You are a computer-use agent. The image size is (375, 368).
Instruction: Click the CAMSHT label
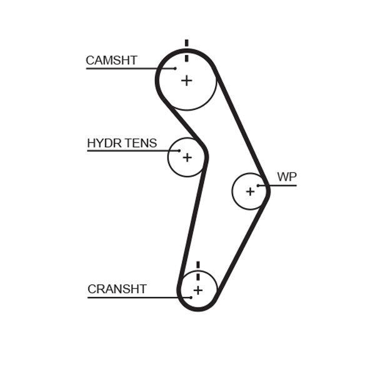click(x=111, y=61)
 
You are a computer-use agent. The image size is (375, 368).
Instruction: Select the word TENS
click(x=141, y=144)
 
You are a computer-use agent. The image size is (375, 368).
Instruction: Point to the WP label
click(x=286, y=177)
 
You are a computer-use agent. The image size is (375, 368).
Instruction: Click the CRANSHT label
click(x=117, y=289)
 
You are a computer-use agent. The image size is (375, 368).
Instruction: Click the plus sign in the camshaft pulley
click(x=186, y=81)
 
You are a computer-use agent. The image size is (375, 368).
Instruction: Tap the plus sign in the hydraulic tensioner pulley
click(x=186, y=157)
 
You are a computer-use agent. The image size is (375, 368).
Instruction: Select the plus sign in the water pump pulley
click(x=250, y=191)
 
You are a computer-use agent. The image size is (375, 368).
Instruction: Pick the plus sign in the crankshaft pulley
click(x=198, y=291)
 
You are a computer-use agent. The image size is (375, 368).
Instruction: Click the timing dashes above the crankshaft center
click(x=198, y=270)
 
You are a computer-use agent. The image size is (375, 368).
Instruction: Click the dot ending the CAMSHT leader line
click(x=176, y=68)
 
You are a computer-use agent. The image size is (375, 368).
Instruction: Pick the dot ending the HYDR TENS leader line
click(x=179, y=151)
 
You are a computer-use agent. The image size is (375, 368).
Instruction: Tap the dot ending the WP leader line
click(x=257, y=185)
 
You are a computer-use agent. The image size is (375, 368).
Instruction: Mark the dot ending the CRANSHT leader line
click(x=190, y=297)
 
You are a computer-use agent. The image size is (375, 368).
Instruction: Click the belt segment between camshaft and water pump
click(x=240, y=125)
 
